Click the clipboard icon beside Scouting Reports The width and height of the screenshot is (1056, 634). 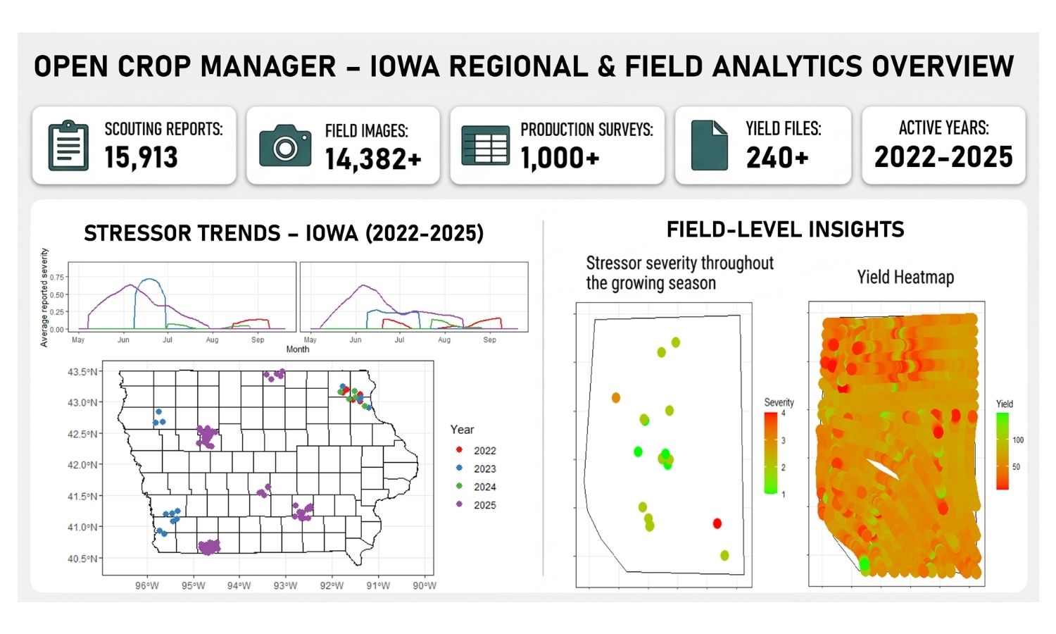[68, 145]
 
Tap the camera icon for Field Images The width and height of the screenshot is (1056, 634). [284, 145]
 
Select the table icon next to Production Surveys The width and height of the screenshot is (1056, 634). [485, 145]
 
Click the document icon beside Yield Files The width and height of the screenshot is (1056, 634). [709, 145]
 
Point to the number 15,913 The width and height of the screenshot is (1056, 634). [141, 157]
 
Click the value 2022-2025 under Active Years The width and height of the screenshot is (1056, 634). [943, 157]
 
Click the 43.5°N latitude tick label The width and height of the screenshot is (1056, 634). [82, 372]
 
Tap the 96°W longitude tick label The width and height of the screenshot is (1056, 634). [147, 585]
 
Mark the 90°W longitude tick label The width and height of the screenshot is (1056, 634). [425, 585]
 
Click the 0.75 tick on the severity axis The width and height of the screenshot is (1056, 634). [56, 278]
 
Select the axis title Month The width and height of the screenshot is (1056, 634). [298, 349]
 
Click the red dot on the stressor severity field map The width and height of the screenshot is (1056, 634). [717, 523]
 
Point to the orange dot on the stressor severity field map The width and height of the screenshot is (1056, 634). [616, 398]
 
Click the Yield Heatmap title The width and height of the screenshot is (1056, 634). [905, 278]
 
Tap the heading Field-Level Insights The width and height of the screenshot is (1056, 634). [786, 230]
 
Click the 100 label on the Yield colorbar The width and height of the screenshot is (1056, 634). [1018, 440]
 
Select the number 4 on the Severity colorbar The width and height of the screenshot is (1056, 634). [783, 414]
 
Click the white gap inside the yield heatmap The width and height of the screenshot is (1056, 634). [883, 469]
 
